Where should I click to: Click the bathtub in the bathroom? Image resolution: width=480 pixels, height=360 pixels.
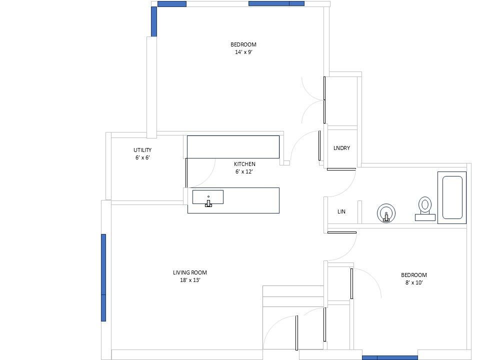tap(452, 197)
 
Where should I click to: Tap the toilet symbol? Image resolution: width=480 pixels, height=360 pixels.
tap(425, 209)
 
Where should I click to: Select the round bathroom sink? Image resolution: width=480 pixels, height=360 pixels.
tap(386, 213)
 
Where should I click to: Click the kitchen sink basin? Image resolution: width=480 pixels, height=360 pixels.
tap(208, 197)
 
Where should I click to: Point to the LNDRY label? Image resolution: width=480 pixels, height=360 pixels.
tap(341, 148)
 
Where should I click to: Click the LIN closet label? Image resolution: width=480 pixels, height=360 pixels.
tap(341, 211)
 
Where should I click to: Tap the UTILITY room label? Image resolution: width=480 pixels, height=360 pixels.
tap(142, 150)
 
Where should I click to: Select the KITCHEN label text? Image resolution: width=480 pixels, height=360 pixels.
tap(244, 164)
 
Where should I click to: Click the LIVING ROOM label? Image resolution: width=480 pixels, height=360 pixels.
tap(190, 272)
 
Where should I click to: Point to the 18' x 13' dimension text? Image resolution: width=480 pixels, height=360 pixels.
tap(190, 280)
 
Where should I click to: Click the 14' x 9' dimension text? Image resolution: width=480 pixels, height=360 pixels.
tap(243, 52)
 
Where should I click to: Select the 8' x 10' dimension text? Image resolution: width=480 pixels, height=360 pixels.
tap(414, 282)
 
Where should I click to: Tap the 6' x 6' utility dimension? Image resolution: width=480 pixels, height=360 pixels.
tap(142, 157)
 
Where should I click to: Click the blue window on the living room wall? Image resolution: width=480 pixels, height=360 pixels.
tap(103, 277)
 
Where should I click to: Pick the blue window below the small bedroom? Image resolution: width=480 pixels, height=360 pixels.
tap(389, 358)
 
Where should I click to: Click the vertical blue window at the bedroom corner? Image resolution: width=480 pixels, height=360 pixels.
tap(154, 21)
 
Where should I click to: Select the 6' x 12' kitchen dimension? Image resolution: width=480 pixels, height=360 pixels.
tap(244, 171)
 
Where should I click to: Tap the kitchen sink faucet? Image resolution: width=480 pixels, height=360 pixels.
tap(208, 203)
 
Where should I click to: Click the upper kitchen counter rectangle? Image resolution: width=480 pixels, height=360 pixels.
tap(233, 147)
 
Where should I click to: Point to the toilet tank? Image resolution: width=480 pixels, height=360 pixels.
tap(425, 217)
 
